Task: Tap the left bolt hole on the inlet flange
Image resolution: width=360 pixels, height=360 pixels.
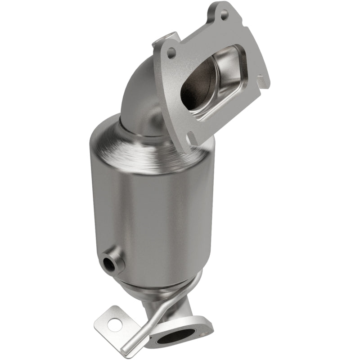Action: pos(170,54)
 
